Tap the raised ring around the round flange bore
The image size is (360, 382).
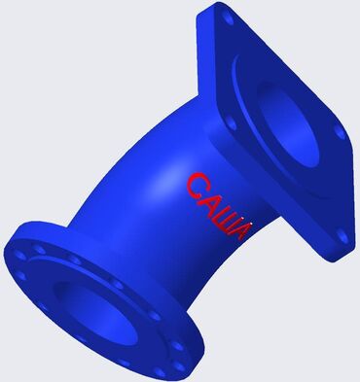coord(58,282)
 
